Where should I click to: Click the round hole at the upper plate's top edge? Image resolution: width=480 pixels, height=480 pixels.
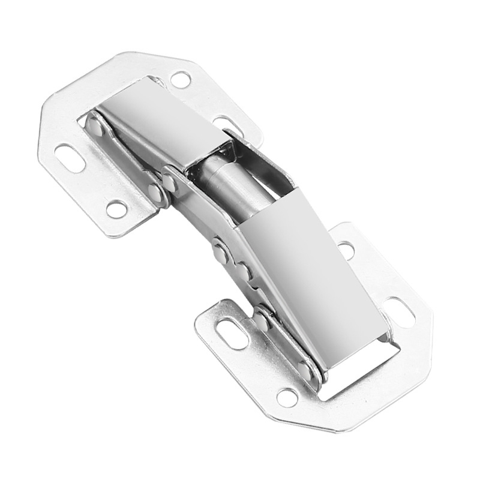tap(180, 79)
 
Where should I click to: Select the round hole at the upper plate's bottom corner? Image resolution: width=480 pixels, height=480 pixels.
tap(116, 209)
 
